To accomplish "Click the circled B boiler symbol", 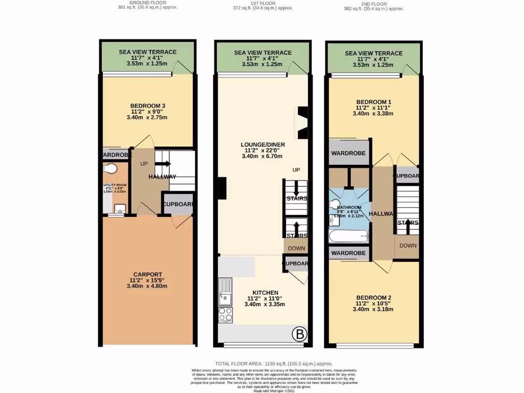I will [299, 335].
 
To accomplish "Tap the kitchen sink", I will [225, 291].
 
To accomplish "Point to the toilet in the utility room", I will [110, 168].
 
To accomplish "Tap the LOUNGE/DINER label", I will [263, 145].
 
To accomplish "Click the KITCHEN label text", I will [263, 292].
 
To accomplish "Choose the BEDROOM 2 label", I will [374, 298].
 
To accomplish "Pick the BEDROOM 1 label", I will [374, 102].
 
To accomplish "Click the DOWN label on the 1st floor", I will [296, 248].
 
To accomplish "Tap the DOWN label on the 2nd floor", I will [408, 245].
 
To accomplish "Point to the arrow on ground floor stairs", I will [165, 164].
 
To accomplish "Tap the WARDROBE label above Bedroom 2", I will [348, 253].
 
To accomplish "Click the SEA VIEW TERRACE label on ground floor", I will [147, 52].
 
